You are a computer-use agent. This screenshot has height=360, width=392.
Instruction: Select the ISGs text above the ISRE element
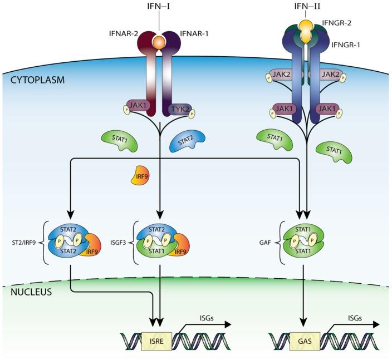pyautogui.click(x=205, y=318)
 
